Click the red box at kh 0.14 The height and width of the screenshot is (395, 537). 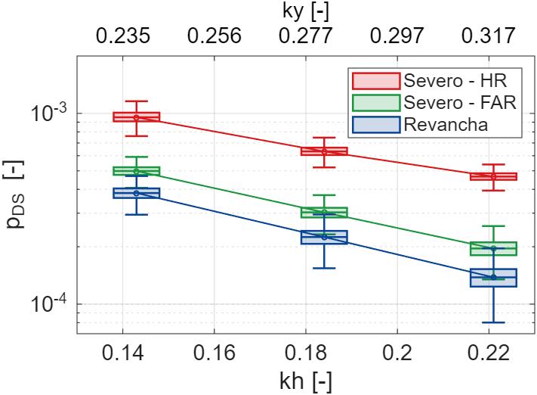[137, 117]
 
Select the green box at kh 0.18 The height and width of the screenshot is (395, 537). [324, 212]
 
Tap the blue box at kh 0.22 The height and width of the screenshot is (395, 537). [492, 277]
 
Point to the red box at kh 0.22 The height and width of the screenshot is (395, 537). [492, 176]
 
